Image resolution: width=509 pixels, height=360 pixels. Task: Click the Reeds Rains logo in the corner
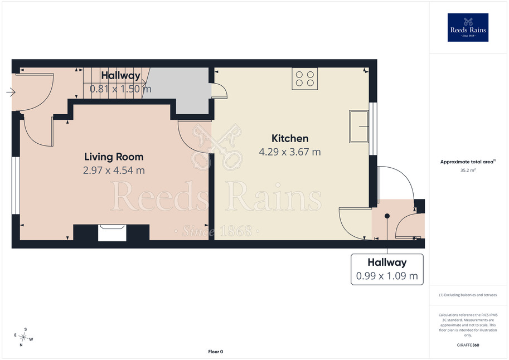click(468, 27)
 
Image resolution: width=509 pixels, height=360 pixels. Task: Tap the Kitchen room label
click(290, 138)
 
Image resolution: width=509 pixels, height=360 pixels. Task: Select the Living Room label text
click(114, 157)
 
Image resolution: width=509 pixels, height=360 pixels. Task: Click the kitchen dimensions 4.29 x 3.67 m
click(290, 152)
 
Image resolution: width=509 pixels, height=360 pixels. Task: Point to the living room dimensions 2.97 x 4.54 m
click(114, 171)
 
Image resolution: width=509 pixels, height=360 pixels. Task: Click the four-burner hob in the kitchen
click(305, 79)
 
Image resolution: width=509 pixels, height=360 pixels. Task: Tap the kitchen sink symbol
click(358, 127)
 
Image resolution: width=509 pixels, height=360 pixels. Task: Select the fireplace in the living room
click(112, 232)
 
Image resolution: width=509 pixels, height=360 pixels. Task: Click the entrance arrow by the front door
click(11, 92)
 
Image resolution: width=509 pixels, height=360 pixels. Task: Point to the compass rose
click(23, 337)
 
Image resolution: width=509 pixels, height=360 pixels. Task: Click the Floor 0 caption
click(216, 352)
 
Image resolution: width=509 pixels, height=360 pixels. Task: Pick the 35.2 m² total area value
click(468, 170)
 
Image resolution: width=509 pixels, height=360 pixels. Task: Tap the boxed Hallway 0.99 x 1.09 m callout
click(387, 269)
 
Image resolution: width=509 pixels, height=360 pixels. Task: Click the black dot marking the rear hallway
click(387, 216)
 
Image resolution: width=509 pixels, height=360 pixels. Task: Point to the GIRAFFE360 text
click(468, 345)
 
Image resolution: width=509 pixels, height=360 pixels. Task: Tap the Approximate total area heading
click(467, 162)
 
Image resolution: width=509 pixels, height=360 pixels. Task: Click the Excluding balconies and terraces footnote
click(468, 295)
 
